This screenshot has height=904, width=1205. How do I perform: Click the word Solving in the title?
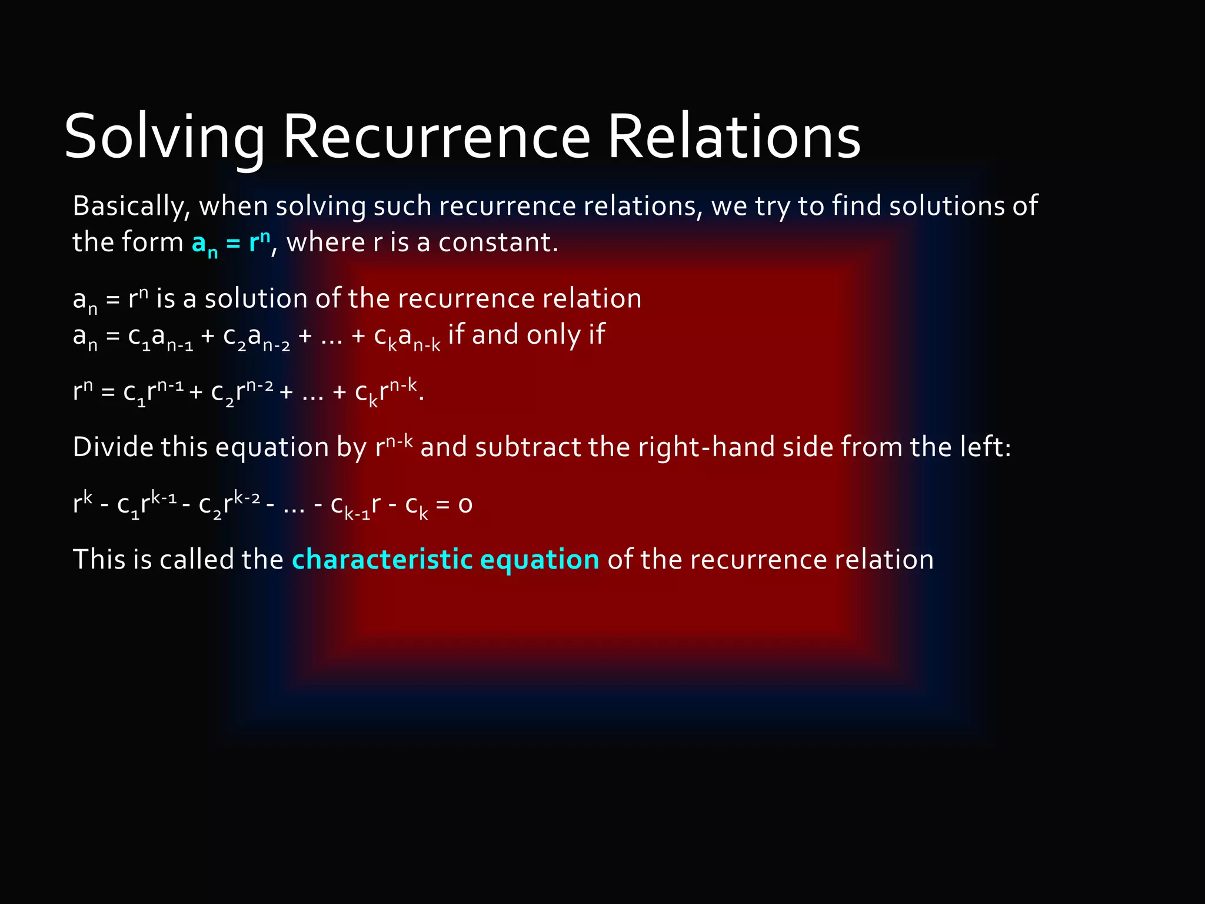[x=164, y=137]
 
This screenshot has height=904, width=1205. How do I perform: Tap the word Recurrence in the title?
[x=436, y=137]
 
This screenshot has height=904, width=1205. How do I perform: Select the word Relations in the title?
[x=734, y=137]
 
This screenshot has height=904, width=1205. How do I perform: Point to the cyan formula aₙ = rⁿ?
[x=231, y=243]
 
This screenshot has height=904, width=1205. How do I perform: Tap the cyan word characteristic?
[x=382, y=559]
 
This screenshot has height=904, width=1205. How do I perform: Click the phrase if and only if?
[x=527, y=335]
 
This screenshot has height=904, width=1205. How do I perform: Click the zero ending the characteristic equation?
[x=465, y=505]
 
